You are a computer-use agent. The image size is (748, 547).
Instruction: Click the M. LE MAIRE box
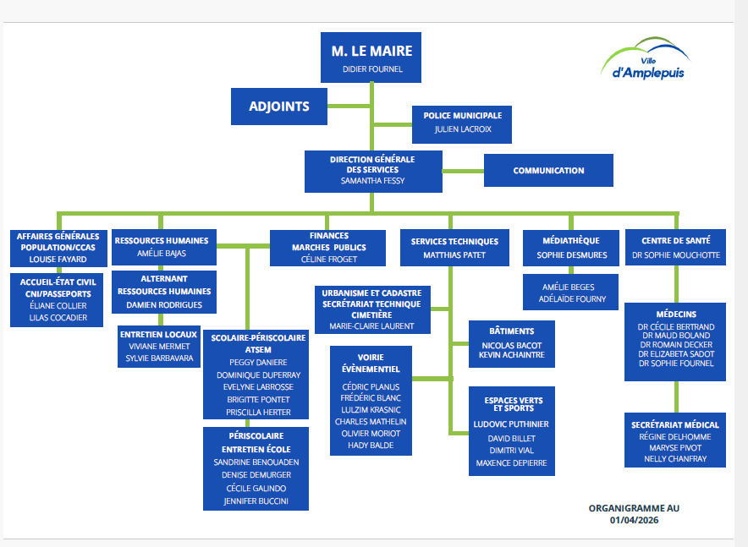coord(371,57)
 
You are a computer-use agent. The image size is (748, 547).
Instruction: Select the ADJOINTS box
coord(279,107)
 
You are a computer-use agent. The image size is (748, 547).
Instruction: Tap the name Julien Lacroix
coord(463,129)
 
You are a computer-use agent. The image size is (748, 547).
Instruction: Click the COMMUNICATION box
coord(548,171)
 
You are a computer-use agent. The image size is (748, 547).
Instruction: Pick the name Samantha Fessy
coord(372,181)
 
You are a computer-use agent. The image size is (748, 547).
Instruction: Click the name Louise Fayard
coord(58,260)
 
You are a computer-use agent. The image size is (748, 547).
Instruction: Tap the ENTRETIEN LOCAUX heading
coord(159,334)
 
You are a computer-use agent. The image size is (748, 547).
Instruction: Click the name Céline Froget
coord(329,260)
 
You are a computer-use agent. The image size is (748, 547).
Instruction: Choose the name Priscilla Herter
coord(258,413)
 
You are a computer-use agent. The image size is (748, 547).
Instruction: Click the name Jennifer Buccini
coord(255,501)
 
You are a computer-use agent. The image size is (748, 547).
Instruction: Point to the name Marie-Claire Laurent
coord(371,325)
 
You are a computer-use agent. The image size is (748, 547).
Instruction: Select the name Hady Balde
coord(371,446)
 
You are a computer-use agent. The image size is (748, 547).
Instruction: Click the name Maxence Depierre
coord(511,462)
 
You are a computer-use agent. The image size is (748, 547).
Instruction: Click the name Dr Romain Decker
coord(676,345)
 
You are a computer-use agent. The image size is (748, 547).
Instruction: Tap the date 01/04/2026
coord(634,520)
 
